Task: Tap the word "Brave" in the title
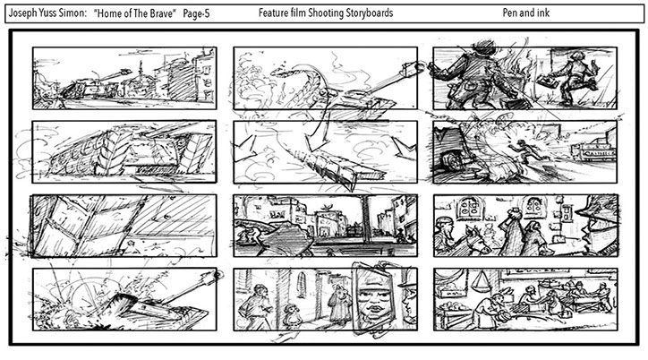pos(160,13)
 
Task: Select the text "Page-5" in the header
pos(196,14)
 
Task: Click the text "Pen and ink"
pos(526,13)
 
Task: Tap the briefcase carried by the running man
pos(548,81)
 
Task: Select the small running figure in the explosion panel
pos(524,150)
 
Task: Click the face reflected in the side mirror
pos(374,298)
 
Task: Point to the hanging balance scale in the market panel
pos(481,281)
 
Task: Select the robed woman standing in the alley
pos(340,303)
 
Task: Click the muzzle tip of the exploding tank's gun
pos(217,274)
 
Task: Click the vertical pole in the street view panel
pos(366,222)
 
